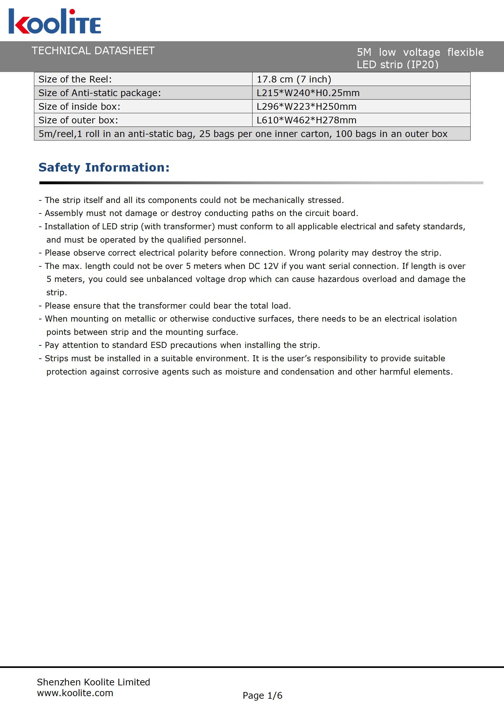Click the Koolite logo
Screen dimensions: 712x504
[x=55, y=21]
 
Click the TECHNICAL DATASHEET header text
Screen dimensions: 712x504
[x=93, y=51]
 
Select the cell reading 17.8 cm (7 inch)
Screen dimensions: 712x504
[x=294, y=79]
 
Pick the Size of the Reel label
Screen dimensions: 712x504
[x=75, y=79]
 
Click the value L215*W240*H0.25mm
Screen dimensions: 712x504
[x=308, y=93]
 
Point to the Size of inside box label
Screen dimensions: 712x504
[x=79, y=107]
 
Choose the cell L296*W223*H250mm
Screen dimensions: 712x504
[x=306, y=107]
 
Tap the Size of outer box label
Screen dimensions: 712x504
[x=78, y=120]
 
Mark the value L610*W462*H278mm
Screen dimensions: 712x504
[x=306, y=120]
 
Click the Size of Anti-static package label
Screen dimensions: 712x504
[x=100, y=93]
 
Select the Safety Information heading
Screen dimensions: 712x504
[x=104, y=167]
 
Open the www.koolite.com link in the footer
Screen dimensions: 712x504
[x=75, y=693]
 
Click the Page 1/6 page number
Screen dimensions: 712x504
[x=262, y=696]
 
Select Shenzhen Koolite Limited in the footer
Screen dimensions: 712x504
[x=93, y=682]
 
